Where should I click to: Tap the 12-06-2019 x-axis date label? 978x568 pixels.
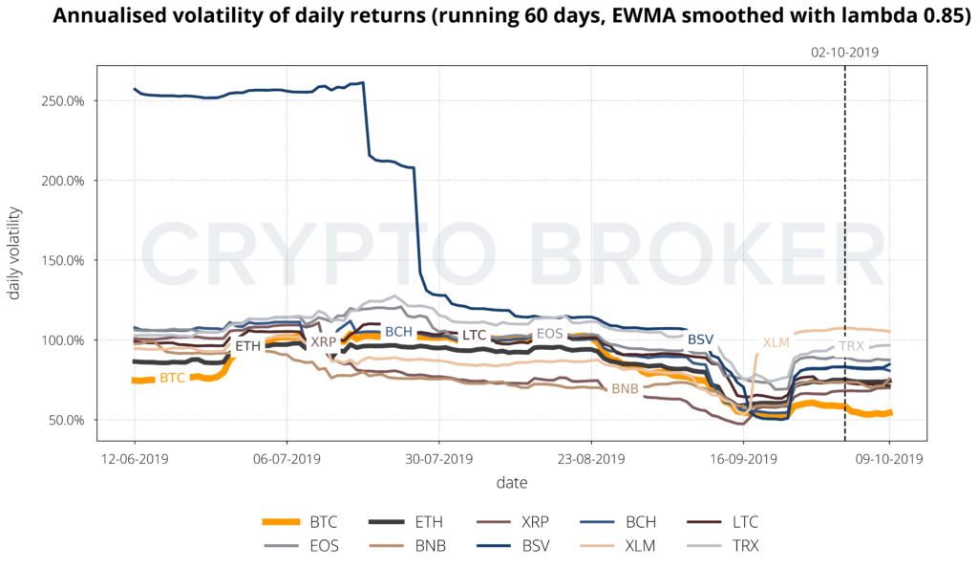134,458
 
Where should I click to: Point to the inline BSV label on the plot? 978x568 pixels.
701,339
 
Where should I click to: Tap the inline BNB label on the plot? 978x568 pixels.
625,389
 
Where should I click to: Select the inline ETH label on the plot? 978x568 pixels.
247,345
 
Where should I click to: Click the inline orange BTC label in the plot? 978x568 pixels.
173,379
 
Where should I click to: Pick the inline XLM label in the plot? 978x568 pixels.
775,342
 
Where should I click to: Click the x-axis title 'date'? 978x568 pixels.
511,483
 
